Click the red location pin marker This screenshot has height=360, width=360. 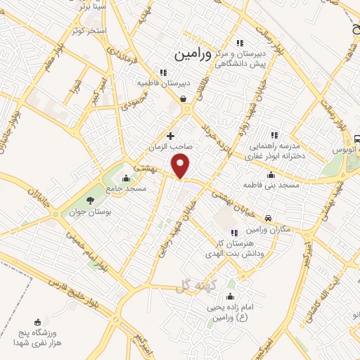(181, 166)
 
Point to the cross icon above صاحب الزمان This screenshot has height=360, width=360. (170, 135)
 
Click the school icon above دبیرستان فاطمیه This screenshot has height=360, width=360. (163, 72)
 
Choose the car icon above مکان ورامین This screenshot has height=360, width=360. (270, 219)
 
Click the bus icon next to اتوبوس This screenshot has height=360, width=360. (358, 139)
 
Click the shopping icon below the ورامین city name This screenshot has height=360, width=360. (184, 99)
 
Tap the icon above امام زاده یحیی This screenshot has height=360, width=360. (229, 296)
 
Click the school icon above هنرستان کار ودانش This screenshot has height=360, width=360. (234, 233)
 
